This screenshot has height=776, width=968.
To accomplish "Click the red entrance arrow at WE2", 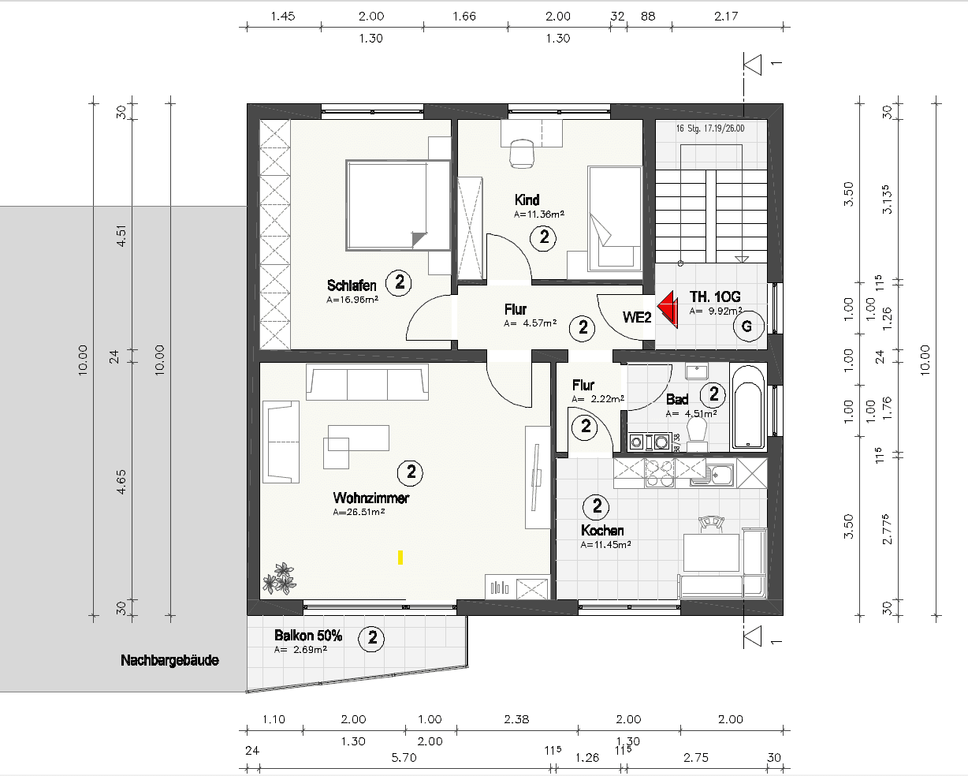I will [669, 308].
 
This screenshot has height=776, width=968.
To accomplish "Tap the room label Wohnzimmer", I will [370, 498].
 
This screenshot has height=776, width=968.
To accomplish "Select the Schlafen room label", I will [352, 285].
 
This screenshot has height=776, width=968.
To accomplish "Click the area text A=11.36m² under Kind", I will [539, 214].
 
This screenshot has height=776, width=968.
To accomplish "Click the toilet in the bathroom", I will [696, 431].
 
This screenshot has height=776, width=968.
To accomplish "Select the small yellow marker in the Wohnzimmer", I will [401, 557].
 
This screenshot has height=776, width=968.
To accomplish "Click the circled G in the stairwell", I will [747, 326].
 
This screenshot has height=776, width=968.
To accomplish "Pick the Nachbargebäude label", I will [169, 660].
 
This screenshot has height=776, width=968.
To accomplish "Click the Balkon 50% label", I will [308, 636].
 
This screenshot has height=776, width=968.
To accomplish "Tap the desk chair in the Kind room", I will [521, 152].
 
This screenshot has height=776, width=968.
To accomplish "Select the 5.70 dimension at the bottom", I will [404, 757].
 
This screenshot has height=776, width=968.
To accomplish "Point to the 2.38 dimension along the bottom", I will [516, 718].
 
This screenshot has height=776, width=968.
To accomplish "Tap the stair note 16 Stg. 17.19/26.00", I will [709, 128].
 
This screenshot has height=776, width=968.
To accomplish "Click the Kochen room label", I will [602, 530].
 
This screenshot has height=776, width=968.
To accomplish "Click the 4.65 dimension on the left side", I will [121, 481].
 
